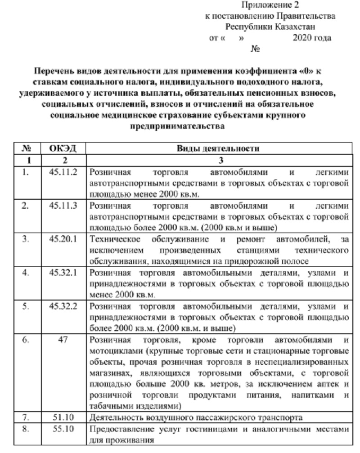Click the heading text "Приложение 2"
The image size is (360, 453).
pos(270,5)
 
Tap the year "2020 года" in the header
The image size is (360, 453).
pos(312,38)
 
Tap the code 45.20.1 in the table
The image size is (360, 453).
pos(63,239)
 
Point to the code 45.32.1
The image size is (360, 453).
pos(63,273)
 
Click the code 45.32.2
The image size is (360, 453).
pos(63,306)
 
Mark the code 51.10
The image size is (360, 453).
pos(63,417)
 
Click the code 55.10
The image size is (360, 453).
pos(63,428)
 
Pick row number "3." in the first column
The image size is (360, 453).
pos(26,239)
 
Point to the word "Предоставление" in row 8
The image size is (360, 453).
pos(118,429)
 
